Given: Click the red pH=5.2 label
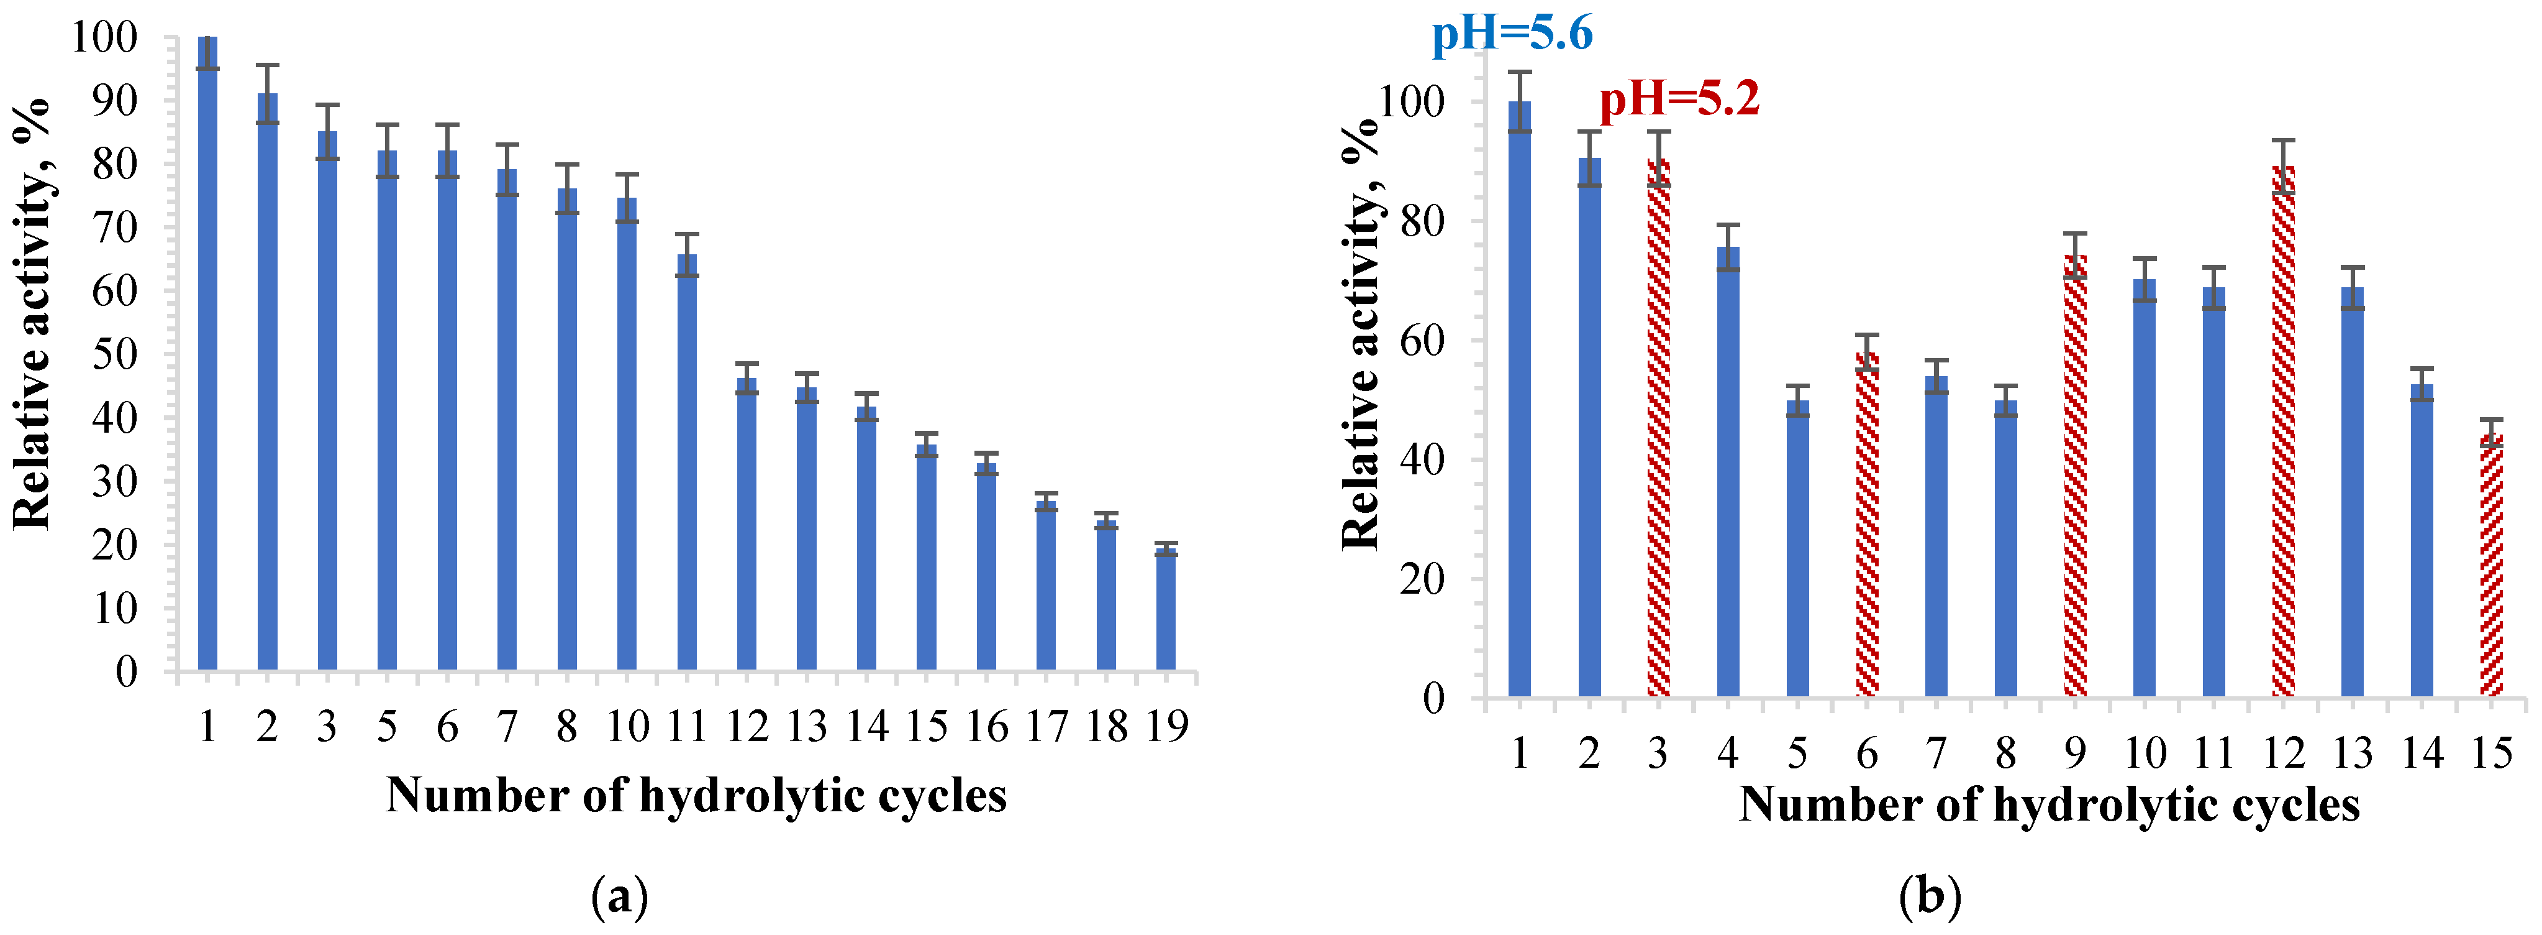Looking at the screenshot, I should tap(1679, 99).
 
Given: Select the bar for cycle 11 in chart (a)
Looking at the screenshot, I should tap(687, 464).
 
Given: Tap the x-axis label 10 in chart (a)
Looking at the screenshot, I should tap(628, 727).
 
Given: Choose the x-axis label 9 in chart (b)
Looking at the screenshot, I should tap(2074, 753).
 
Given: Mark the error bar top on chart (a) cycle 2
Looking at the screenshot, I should tap(268, 65).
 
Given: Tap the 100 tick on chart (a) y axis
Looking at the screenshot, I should tap(104, 37).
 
